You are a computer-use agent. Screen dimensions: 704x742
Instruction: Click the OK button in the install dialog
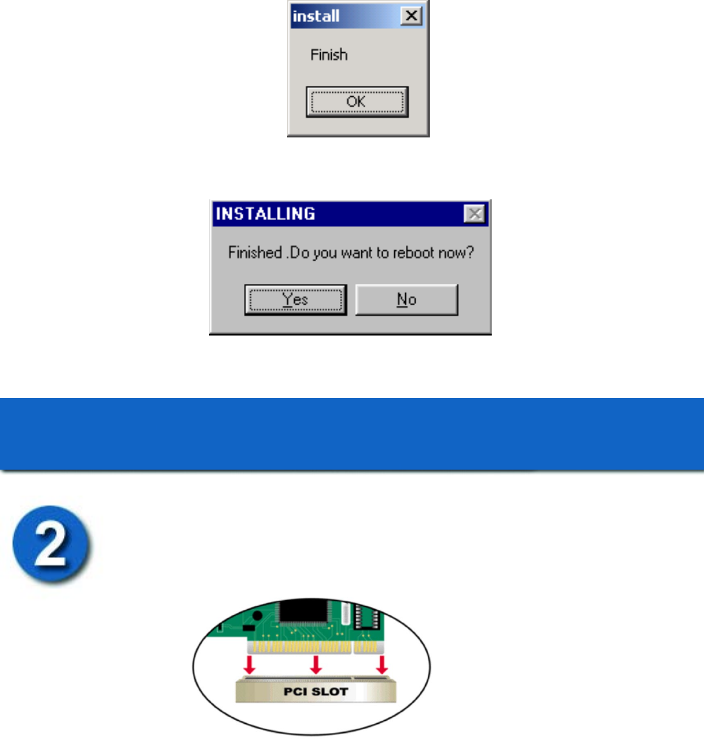357,102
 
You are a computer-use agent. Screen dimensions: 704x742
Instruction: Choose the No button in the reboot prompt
407,300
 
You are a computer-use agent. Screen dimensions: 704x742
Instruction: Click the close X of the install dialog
411,16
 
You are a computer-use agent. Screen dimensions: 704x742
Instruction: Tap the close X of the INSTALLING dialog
475,214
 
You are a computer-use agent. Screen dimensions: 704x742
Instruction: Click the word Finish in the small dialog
329,55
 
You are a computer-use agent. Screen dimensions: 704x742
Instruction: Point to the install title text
316,16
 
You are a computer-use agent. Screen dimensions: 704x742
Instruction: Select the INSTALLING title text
265,214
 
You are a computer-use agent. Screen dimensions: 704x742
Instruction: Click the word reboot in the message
414,252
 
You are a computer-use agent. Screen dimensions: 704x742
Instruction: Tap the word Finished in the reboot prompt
256,252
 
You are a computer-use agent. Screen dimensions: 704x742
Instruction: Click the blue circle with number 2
51,544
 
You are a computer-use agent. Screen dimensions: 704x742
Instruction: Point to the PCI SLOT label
316,692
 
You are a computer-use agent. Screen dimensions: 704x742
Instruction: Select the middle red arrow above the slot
316,665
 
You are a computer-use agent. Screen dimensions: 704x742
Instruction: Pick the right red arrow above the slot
382,665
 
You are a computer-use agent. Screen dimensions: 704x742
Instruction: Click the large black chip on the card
304,614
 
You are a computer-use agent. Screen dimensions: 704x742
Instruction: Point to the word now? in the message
456,252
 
